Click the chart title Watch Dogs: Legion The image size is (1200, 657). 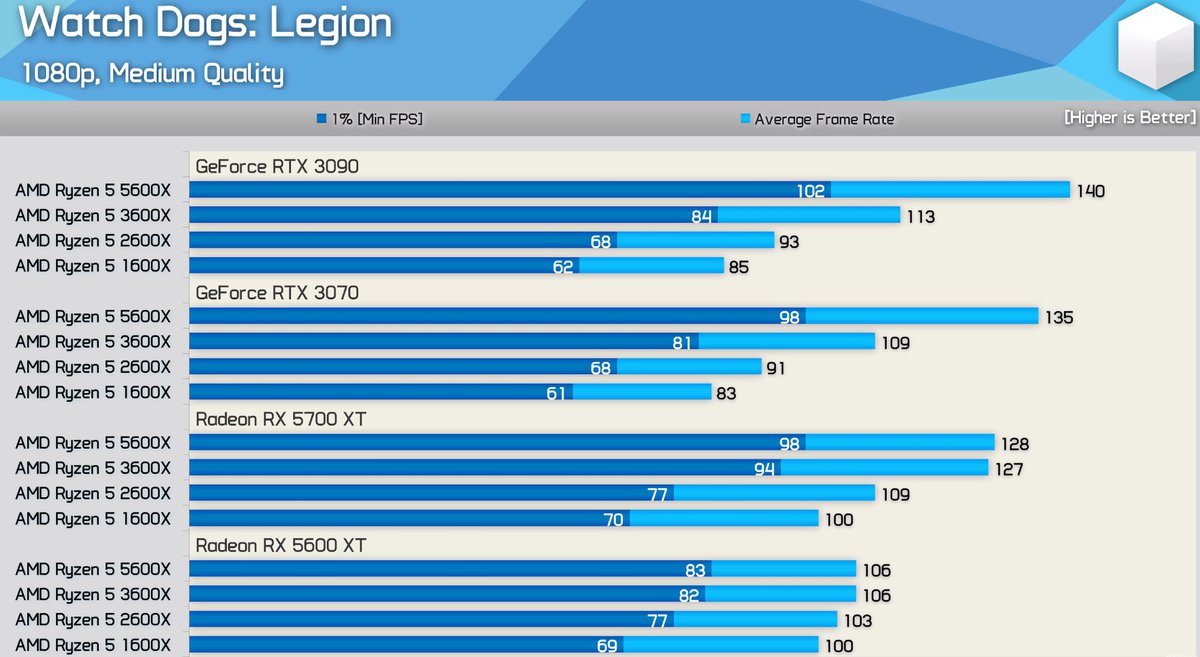point(205,24)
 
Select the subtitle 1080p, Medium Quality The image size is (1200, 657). point(152,74)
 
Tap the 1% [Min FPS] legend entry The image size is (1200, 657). point(370,119)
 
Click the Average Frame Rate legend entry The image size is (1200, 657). point(817,119)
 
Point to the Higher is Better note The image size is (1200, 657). point(1129,117)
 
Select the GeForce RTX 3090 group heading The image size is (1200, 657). point(277,166)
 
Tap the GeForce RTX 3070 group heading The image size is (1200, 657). point(277,292)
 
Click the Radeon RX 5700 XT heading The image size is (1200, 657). point(281,419)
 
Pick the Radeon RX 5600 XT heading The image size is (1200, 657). point(281,545)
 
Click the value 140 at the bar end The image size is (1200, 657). point(1090,191)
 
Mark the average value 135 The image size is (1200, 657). point(1058,317)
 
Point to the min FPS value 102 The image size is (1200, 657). point(811,191)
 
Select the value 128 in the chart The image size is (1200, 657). point(1014,444)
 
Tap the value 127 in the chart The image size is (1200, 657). point(1008,469)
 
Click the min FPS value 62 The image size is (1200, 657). point(563,267)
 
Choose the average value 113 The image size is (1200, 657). point(920,216)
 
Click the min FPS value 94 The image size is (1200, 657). point(764,469)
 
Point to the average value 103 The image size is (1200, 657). point(857,620)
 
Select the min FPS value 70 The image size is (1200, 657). point(613,519)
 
